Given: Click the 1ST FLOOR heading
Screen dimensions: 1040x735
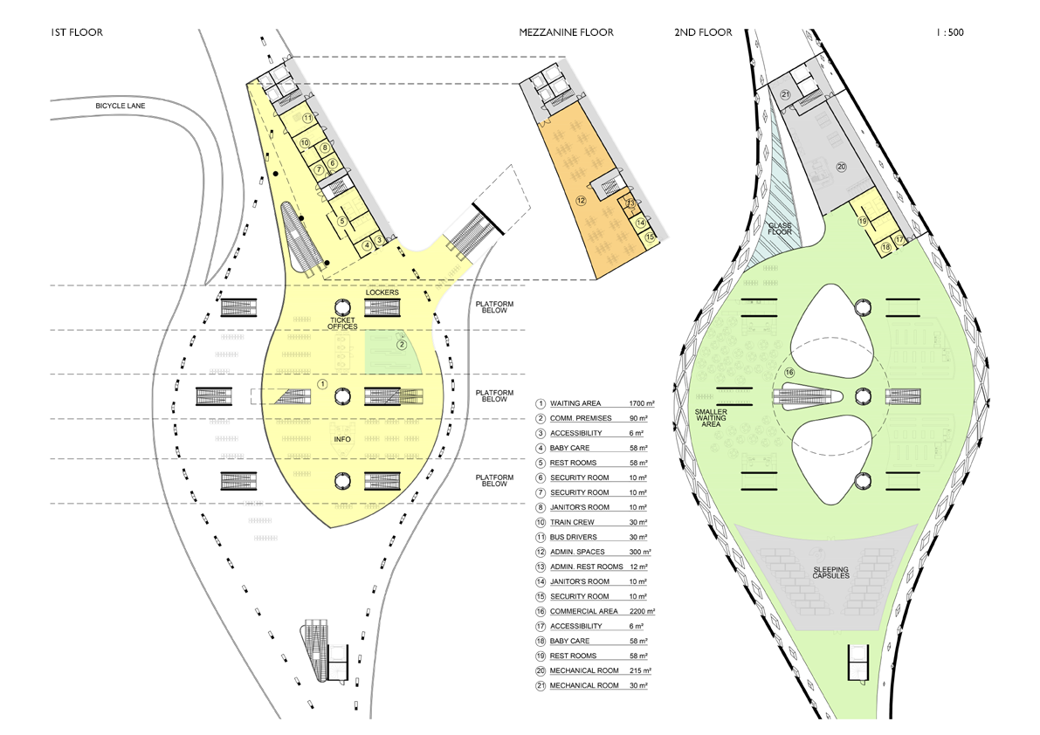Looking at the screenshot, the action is click(78, 32).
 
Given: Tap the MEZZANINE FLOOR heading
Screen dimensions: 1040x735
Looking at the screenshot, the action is click(566, 32).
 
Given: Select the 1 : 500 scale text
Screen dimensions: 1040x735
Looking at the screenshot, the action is click(949, 32).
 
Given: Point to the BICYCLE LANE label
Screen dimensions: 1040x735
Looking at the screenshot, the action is click(121, 106).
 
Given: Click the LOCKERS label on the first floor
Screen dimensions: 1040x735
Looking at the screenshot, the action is click(382, 292).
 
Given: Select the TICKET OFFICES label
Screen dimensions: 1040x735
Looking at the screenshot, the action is click(343, 324).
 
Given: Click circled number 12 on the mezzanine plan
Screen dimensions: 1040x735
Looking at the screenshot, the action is click(579, 200).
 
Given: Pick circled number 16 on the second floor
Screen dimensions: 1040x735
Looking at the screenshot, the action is click(789, 373).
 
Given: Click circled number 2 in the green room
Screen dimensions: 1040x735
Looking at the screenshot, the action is click(402, 345).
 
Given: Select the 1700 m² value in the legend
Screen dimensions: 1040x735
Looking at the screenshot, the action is click(642, 404).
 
